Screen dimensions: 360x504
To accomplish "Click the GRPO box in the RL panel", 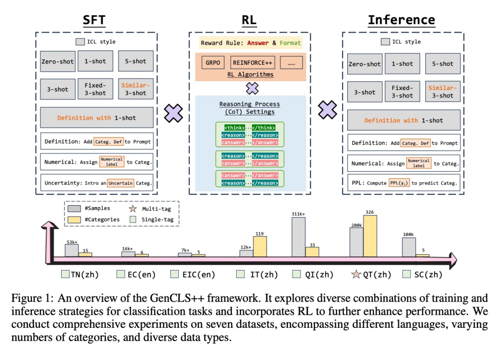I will pos(212,62).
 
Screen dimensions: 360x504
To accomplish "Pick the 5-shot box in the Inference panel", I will pos(443,63).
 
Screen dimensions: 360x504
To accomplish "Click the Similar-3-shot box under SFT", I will pos(135,89).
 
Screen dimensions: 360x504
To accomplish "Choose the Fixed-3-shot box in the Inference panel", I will pos(402,91).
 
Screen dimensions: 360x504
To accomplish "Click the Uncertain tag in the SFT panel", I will pos(120,183).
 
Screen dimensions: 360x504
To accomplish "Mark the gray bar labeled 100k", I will pos(409,247).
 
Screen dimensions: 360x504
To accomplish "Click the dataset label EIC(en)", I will pos(198,275).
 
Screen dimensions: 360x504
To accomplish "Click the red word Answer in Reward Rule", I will pos(258,43).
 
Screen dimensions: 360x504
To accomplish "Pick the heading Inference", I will pos(401,20).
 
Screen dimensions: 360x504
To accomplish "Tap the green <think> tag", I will pos(235,127).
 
